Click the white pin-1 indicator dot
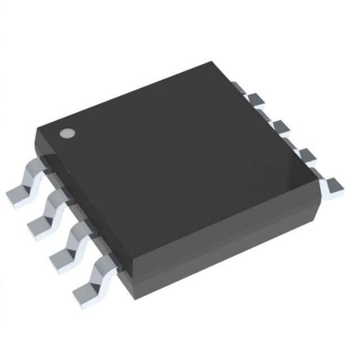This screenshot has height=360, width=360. click(x=67, y=134)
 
